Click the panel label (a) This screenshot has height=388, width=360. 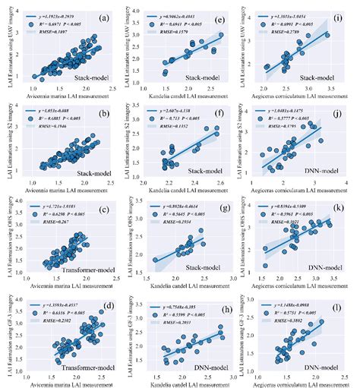point(108,14)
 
